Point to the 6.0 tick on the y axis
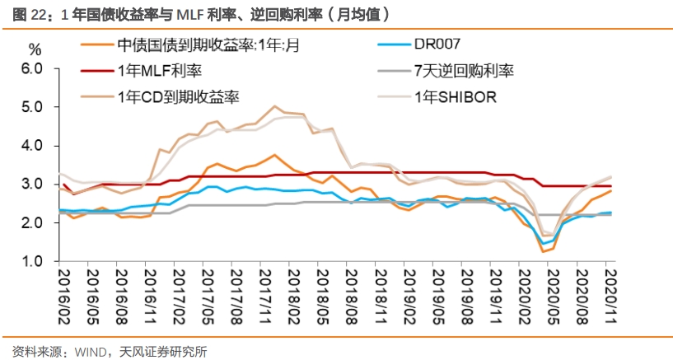31,68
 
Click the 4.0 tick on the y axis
31,146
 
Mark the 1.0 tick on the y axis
31,262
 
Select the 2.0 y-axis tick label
31,223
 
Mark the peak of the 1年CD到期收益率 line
275,106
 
